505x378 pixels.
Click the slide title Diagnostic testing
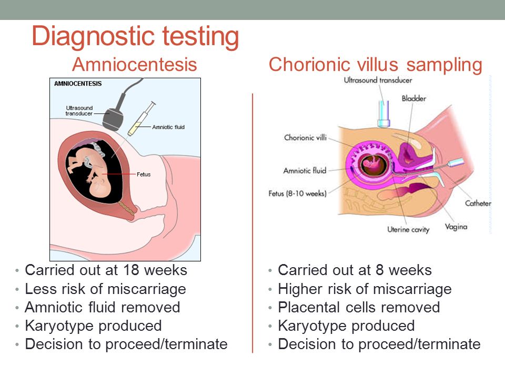135,37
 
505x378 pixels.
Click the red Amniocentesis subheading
134,64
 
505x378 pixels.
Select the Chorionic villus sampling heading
375,65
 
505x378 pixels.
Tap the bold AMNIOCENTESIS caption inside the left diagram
78,83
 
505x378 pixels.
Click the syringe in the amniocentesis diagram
142,119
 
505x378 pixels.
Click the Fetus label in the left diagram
144,174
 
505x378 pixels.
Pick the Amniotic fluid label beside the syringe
168,127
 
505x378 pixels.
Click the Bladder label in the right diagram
414,98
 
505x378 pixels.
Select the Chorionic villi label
305,138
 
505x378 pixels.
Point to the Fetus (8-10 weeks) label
298,194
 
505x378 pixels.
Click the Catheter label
478,203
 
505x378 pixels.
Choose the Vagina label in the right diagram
456,227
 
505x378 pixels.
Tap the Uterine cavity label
408,229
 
